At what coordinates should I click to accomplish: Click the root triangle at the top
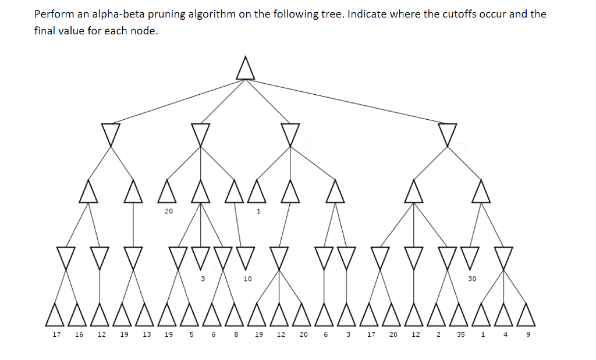pos(245,69)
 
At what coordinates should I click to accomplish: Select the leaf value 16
pos(79,334)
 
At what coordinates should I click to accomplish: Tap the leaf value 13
pos(147,334)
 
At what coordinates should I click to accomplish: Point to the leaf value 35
pos(461,334)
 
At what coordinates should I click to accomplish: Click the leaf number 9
pos(528,334)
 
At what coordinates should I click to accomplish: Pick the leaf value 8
pos(236,334)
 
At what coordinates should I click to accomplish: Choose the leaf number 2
pos(438,334)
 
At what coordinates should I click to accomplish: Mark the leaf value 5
pos(191,334)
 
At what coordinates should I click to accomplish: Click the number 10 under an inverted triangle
pos(247,279)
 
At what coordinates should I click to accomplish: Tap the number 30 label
pos(471,279)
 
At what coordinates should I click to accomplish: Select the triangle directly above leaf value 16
pos(77,315)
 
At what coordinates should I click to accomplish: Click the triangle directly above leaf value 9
pos(526,315)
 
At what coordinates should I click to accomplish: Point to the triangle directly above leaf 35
pos(459,315)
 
